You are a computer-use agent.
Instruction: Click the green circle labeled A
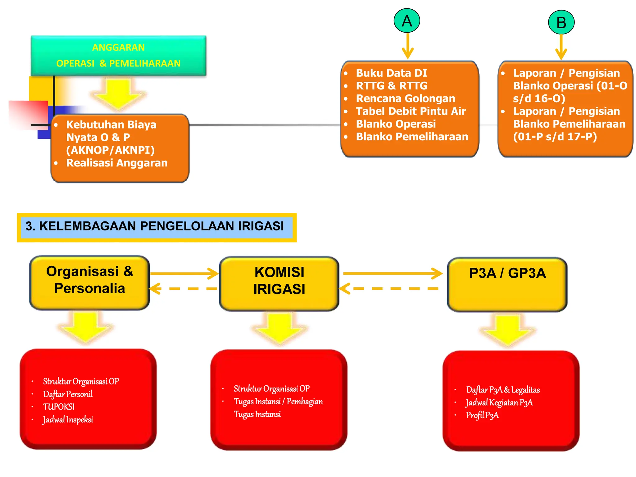pos(407,21)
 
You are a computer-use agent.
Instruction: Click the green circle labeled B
pos(561,22)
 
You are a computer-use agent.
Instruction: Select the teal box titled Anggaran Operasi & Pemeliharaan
pos(118,56)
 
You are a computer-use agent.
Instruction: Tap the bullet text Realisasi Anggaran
pos(117,163)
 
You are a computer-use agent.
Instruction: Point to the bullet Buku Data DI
pos(391,73)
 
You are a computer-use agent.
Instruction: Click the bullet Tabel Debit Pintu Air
pos(411,111)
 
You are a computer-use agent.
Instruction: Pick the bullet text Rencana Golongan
pos(405,98)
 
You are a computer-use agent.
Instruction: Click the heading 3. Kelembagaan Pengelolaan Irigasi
pos(155,226)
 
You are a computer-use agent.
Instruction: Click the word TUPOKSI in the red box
pos(59,407)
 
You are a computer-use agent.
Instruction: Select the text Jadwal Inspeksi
pos(68,420)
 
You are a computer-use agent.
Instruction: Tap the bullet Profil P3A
pos(482,415)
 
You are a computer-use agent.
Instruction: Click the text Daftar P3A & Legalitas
pos(503,390)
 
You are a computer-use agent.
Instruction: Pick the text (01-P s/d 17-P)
pos(555,137)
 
